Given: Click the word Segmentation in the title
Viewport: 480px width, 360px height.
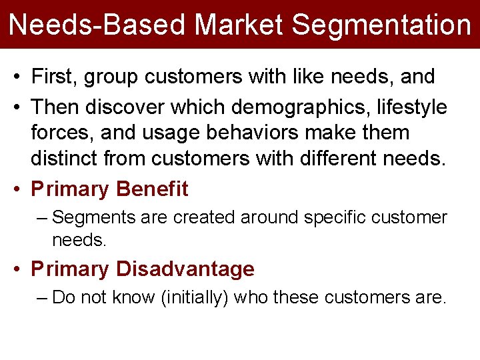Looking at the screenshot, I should pyautogui.click(x=381, y=25).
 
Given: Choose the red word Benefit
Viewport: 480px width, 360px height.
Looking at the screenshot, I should pyautogui.click(x=152, y=189).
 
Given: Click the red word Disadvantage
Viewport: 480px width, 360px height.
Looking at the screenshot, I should pyautogui.click(x=185, y=269).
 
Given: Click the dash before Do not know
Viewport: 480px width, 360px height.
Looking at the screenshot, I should pyautogui.click(x=43, y=297).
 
